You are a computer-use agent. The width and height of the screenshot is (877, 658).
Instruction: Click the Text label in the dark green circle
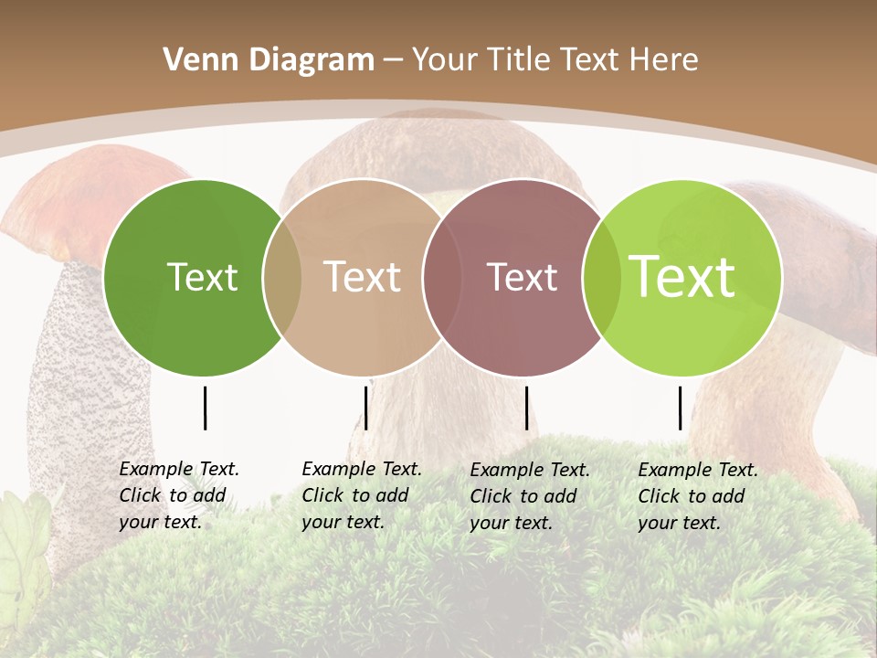(202, 277)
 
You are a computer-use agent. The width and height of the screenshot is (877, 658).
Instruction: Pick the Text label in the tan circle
(363, 277)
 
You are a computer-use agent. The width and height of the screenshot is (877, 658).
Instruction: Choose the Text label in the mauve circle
(522, 277)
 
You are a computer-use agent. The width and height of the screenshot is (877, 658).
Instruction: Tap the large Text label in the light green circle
(682, 277)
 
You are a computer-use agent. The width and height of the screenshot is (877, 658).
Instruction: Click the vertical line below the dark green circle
(205, 408)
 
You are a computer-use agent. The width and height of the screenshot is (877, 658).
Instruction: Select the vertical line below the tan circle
(365, 408)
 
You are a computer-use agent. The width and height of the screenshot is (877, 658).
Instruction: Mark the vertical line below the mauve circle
(526, 408)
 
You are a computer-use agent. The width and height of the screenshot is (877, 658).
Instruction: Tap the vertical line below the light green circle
(680, 408)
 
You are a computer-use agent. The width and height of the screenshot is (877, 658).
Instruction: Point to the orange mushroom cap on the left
(91, 196)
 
